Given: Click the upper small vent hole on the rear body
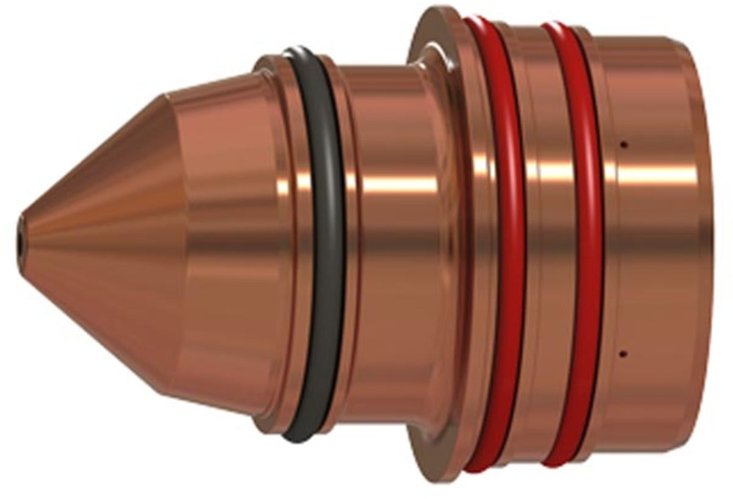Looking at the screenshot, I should click(x=624, y=145).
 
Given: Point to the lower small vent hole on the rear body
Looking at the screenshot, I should click(x=624, y=353).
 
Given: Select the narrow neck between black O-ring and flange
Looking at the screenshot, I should click(x=397, y=275).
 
